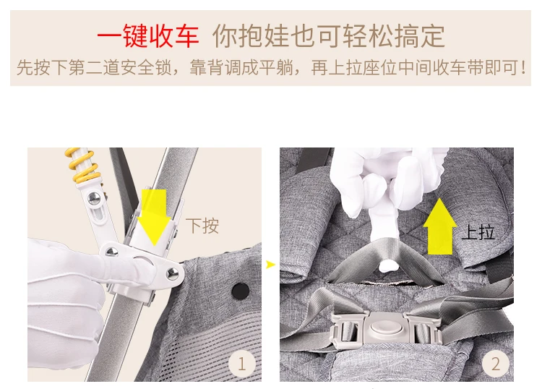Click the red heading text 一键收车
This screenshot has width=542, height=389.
(148, 36)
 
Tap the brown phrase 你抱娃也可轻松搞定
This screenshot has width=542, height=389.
(329, 36)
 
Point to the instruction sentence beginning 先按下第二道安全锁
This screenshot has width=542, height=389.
(272, 67)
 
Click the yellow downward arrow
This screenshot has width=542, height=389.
(154, 217)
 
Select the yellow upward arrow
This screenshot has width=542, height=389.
(439, 226)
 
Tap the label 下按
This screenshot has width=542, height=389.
(202, 226)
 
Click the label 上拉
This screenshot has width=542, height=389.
(478, 231)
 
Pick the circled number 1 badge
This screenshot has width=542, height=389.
(241, 364)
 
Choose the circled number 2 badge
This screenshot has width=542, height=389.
(496, 364)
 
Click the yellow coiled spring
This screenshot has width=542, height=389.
(83, 166)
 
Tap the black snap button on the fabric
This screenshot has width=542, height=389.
(241, 291)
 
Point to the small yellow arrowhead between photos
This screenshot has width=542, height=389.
(270, 265)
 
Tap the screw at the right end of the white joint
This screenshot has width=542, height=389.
(172, 273)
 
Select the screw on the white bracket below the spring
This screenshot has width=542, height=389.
(94, 198)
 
